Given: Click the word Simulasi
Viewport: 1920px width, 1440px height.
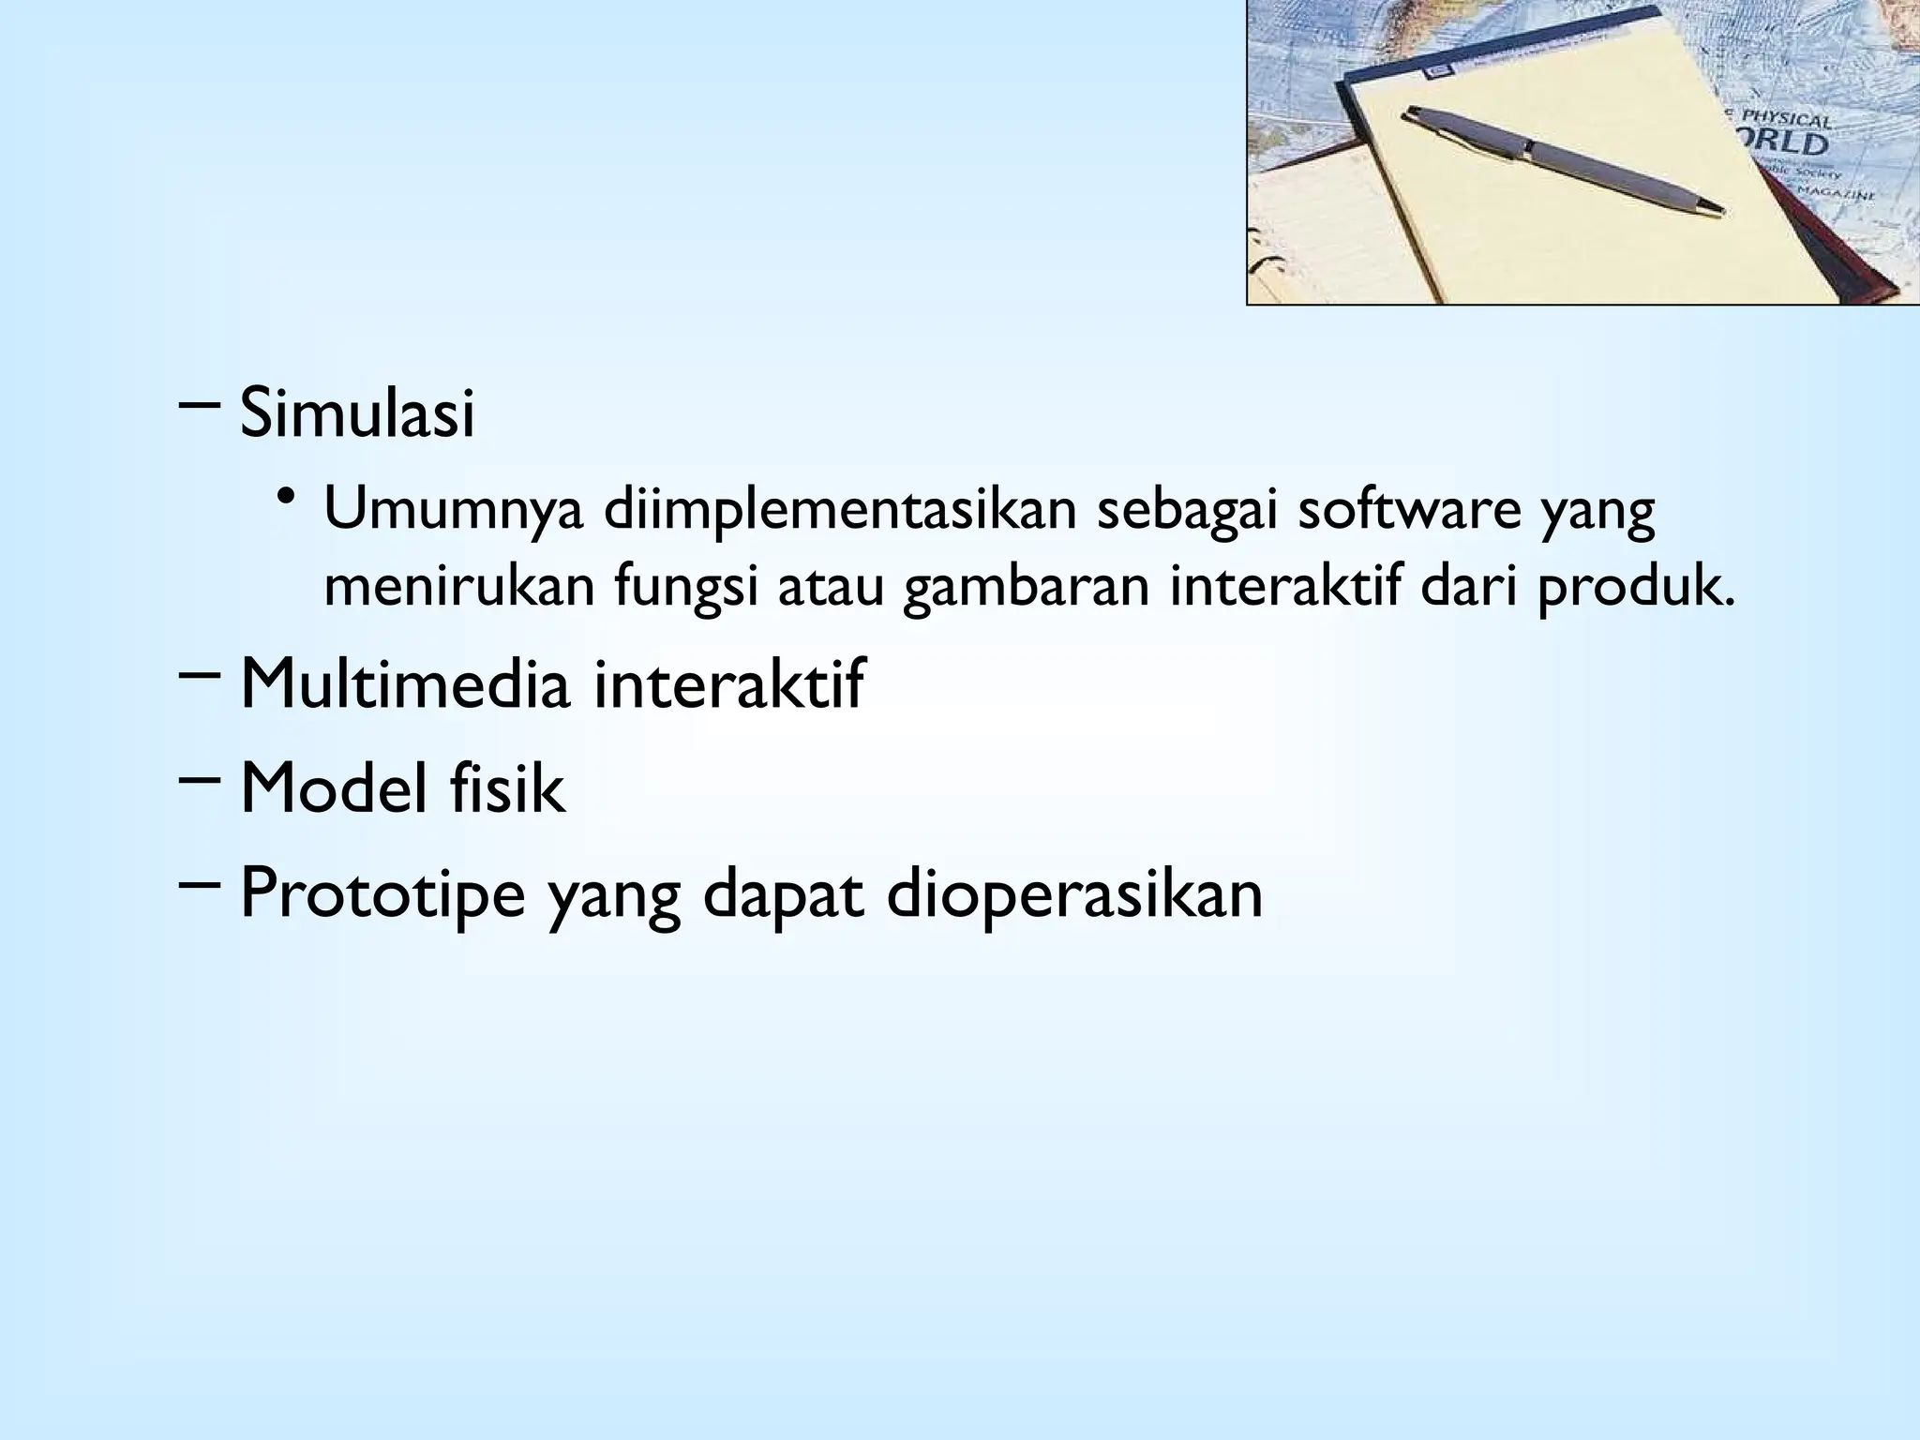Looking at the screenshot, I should [x=357, y=413].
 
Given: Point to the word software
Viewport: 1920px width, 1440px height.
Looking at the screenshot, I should [x=1407, y=511].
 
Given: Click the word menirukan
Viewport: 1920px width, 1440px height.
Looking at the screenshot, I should [x=459, y=587].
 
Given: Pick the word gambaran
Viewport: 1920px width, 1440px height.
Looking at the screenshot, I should [x=1026, y=589].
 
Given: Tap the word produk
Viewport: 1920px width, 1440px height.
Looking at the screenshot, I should [x=1635, y=589].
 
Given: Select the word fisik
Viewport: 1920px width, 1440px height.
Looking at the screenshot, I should [x=507, y=788].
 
